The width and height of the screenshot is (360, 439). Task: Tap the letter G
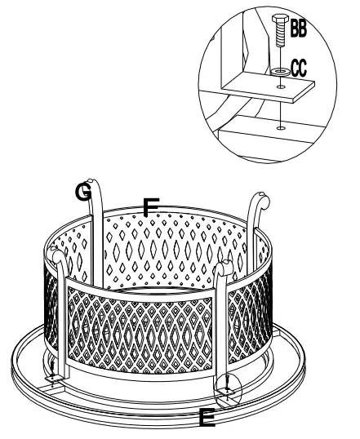coord(83,192)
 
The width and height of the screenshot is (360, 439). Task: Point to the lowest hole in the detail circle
coord(280,127)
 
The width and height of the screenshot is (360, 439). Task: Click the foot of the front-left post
coord(54,376)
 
